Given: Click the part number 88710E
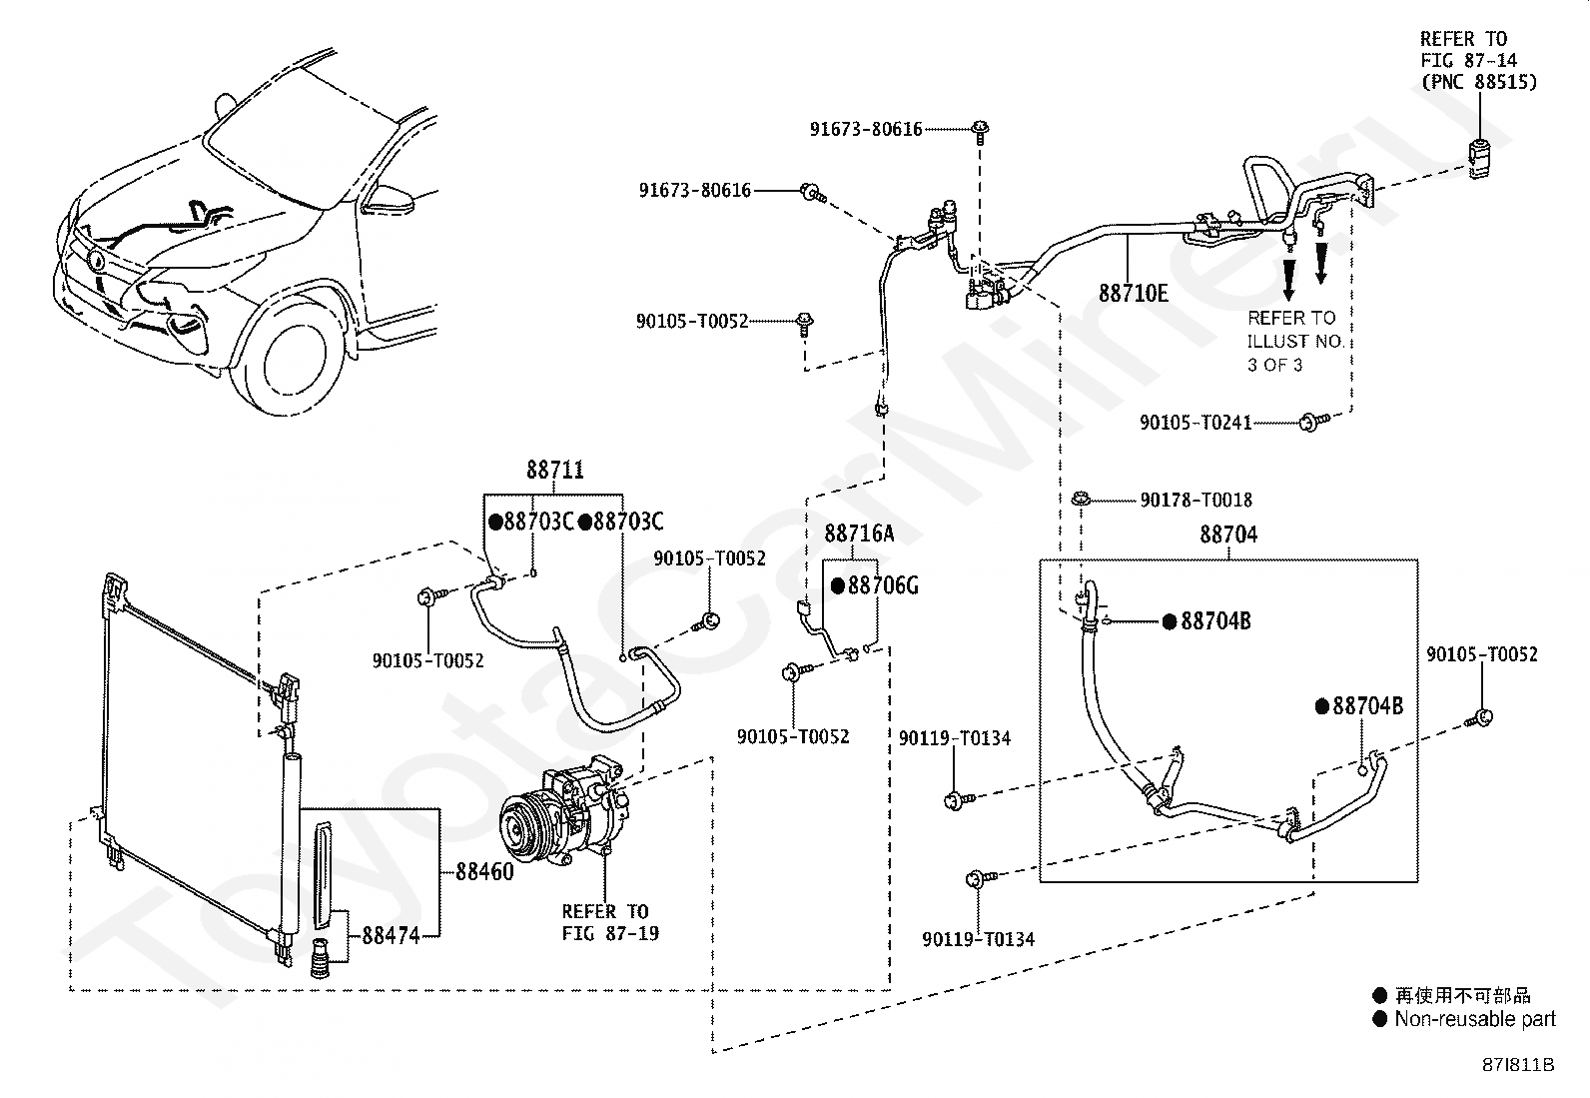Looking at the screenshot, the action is pyautogui.click(x=1133, y=293).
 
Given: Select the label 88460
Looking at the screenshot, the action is pyautogui.click(x=484, y=871).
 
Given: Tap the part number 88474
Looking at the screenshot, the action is pyautogui.click(x=391, y=935).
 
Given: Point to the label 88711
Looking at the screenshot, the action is pyautogui.click(x=555, y=470).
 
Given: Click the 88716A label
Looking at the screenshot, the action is pyautogui.click(x=859, y=534).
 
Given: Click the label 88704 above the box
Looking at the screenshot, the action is pyautogui.click(x=1228, y=535).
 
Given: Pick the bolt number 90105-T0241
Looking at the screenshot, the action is pyautogui.click(x=1195, y=423).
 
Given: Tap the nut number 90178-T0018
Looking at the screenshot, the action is pyautogui.click(x=1196, y=500).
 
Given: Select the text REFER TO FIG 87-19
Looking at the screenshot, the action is pyautogui.click(x=610, y=922).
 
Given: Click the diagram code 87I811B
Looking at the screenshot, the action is pyautogui.click(x=1518, y=1065).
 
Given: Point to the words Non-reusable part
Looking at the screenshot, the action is pyautogui.click(x=1475, y=1019).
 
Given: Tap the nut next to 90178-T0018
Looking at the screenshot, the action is pyautogui.click(x=1081, y=500).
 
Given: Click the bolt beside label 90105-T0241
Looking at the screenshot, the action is pyautogui.click(x=1313, y=422).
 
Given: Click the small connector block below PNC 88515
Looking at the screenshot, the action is pyautogui.click(x=1478, y=159).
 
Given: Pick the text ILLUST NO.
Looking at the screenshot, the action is pyautogui.click(x=1295, y=342).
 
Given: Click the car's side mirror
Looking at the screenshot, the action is pyautogui.click(x=387, y=200).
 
